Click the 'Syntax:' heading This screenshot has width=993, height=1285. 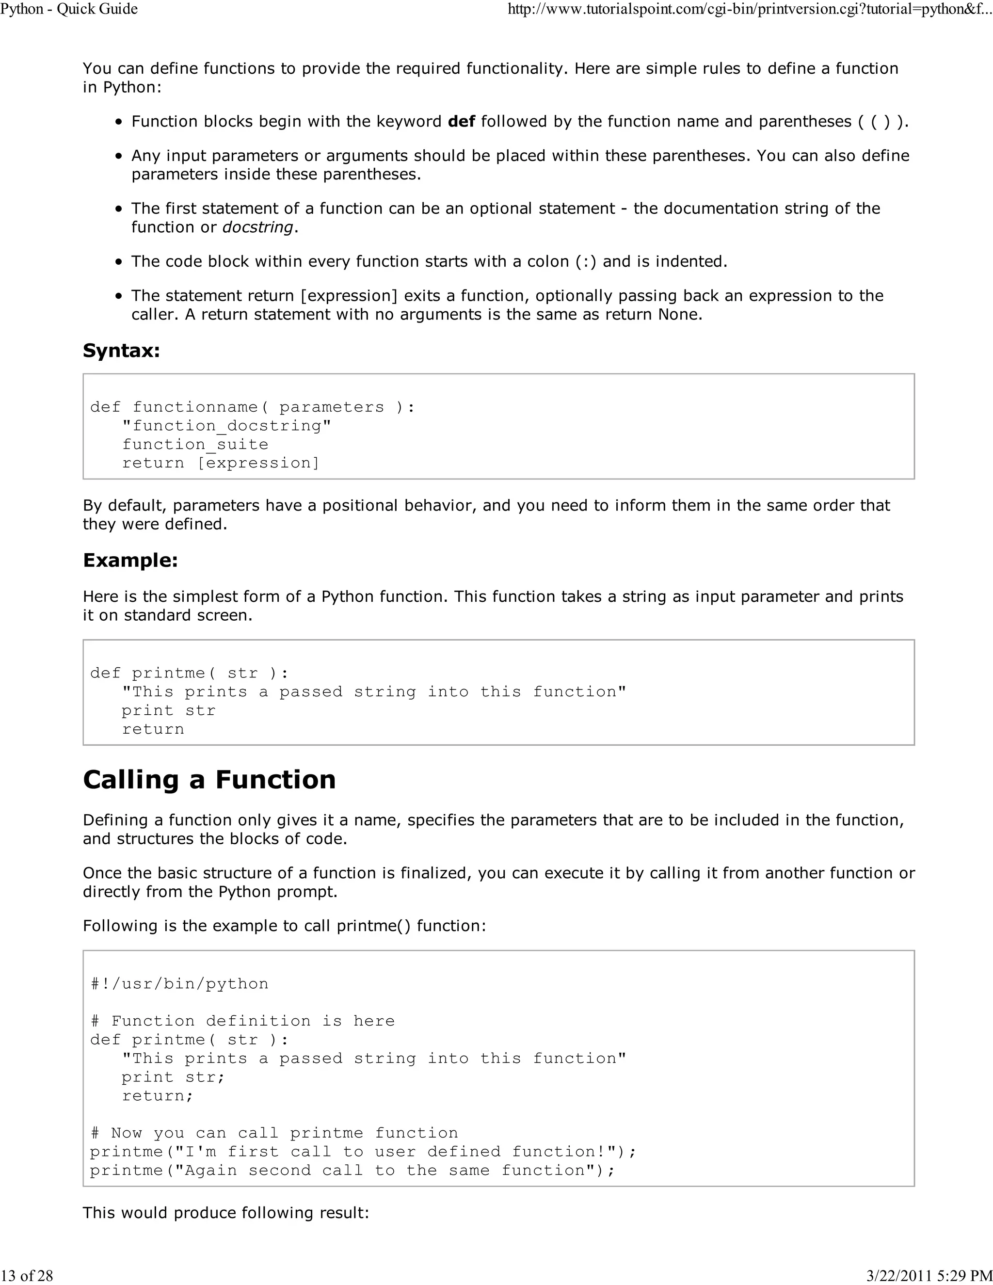pos(121,351)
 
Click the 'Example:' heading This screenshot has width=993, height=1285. pos(130,560)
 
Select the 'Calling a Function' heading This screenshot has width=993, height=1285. pos(209,780)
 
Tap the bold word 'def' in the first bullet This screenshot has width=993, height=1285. pos(461,122)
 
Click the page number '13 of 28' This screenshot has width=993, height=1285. pos(27,1276)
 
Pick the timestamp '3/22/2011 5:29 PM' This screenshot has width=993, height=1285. pos(929,1276)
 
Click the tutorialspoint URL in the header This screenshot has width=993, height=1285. pos(750,9)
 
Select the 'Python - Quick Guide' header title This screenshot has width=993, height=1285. pos(69,9)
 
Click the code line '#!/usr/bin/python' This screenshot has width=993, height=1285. pos(179,984)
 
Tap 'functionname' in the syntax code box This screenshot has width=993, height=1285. pos(195,407)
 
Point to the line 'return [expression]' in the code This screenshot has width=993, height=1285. pos(221,463)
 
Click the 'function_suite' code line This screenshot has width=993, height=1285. pos(195,445)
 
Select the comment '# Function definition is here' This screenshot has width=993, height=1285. pos(242,1021)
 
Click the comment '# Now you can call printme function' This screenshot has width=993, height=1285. pos(274,1133)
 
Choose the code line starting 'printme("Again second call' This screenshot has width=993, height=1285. pos(352,1170)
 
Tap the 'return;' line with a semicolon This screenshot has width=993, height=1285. pos(157,1095)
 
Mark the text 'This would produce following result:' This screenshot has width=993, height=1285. pos(226,1213)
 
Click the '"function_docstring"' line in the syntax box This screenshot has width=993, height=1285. pos(226,426)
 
